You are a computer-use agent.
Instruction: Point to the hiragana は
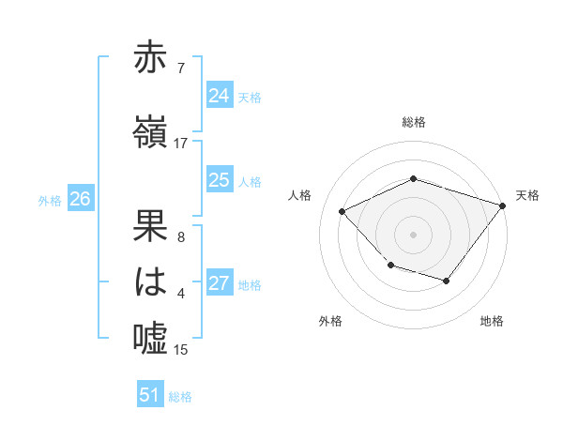tap(151, 281)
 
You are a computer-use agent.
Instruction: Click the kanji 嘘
tap(151, 337)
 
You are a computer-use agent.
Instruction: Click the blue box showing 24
tap(219, 96)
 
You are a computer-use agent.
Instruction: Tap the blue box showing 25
tap(219, 180)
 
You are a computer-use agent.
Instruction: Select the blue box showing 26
tap(80, 199)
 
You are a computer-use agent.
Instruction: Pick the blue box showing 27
tap(219, 284)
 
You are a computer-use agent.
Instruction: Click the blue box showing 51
tap(150, 395)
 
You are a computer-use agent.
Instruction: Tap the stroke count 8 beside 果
tap(181, 236)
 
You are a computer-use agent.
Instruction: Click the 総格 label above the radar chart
tap(414, 122)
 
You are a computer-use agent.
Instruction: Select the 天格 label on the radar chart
tap(527, 195)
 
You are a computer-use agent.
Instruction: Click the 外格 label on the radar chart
tap(330, 321)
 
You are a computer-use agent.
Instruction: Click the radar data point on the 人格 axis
tap(342, 212)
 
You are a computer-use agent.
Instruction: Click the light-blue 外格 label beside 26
tap(49, 200)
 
